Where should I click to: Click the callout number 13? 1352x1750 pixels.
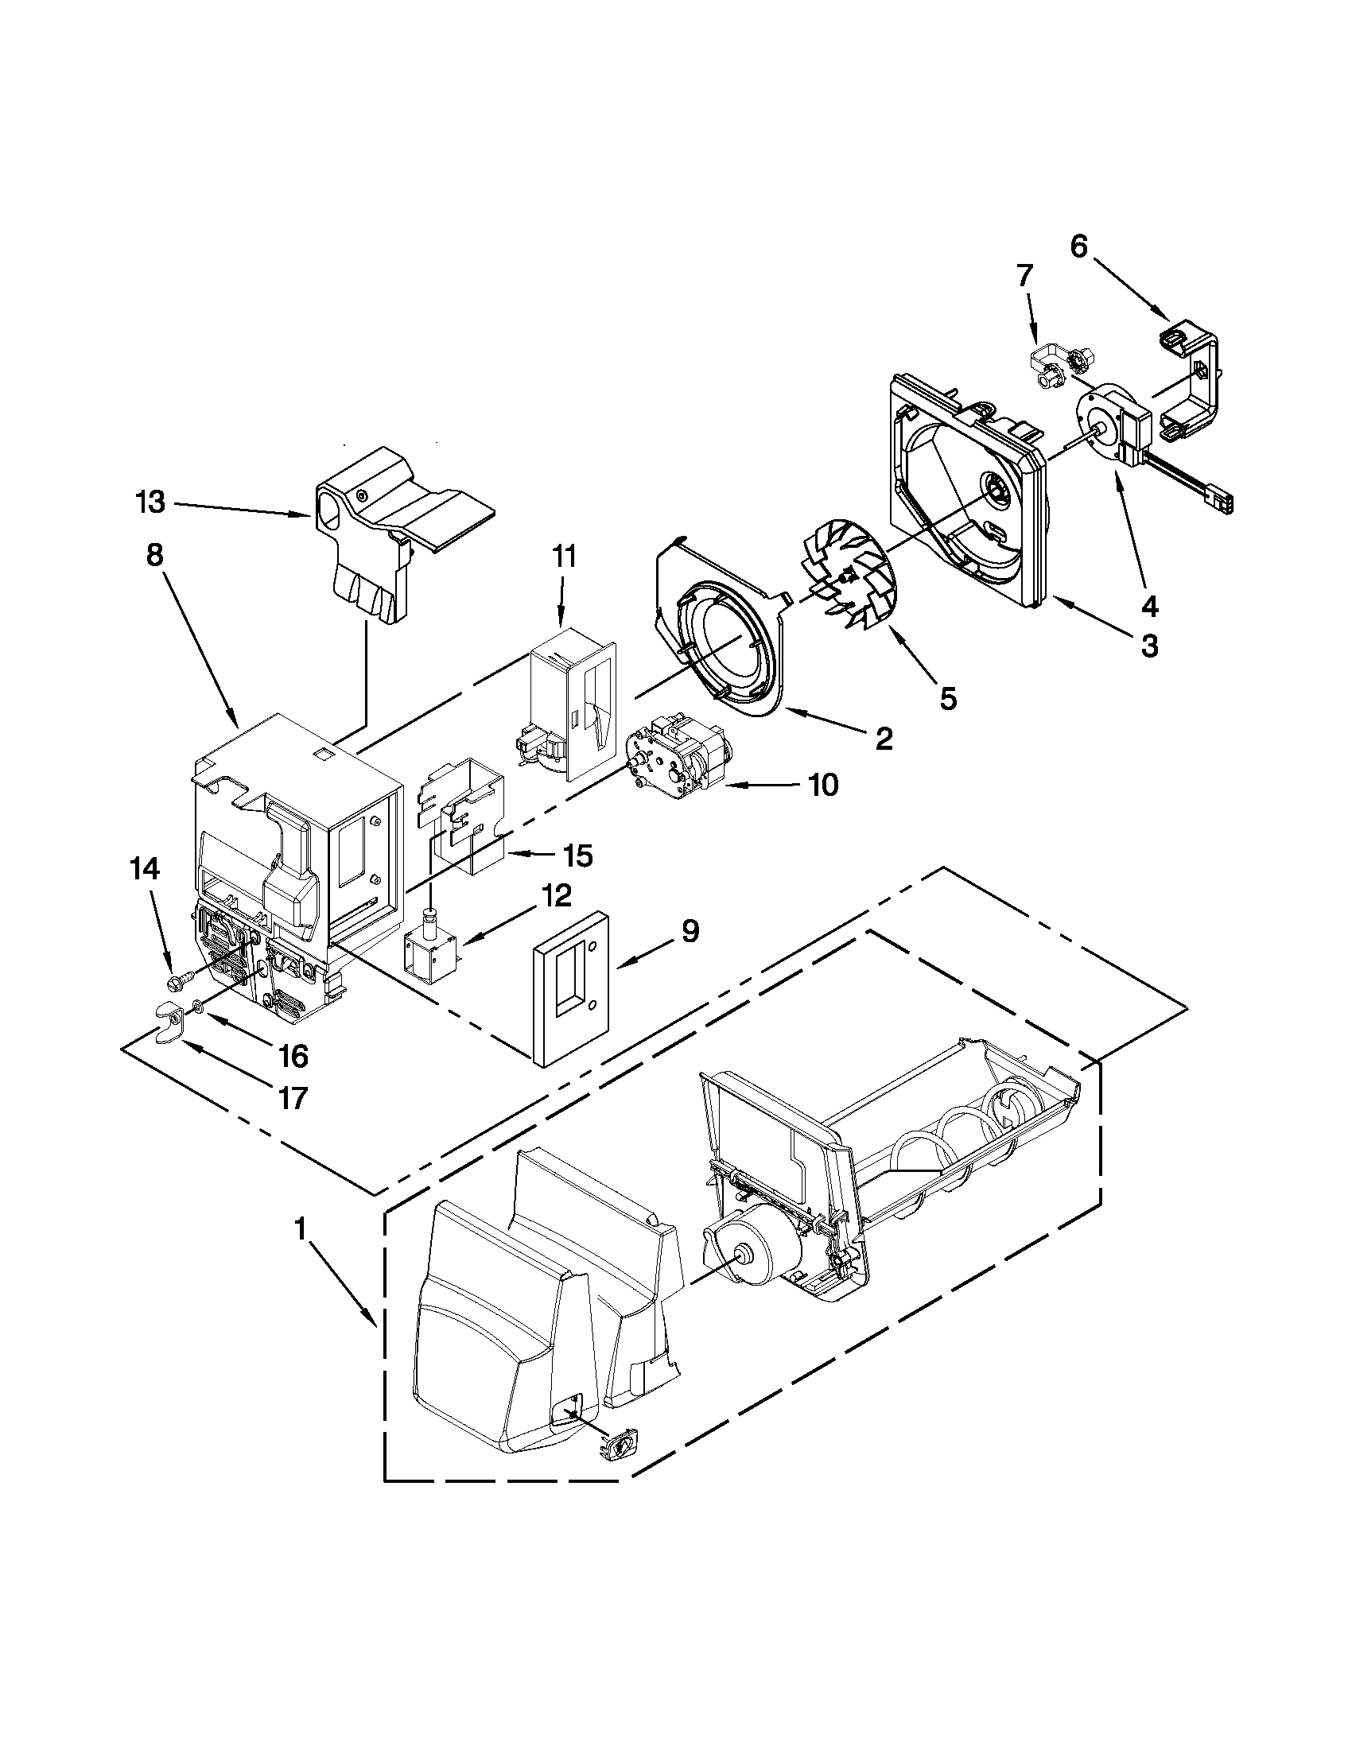[150, 503]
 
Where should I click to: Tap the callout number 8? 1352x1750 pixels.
[154, 554]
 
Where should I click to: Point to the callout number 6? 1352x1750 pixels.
[1078, 246]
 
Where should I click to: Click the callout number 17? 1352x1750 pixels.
[294, 1097]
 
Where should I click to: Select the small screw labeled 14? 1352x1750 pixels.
[176, 980]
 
